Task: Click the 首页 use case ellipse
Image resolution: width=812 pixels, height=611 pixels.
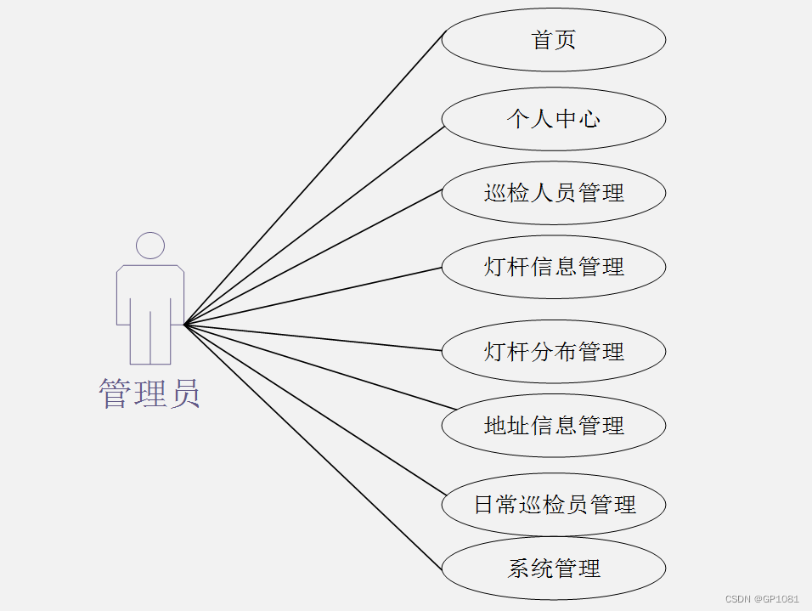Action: (553, 40)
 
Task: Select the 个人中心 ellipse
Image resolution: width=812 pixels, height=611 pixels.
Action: (553, 119)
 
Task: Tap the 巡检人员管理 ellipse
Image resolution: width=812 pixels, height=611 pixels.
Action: (553, 193)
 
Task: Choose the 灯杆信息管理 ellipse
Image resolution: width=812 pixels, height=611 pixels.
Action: (553, 267)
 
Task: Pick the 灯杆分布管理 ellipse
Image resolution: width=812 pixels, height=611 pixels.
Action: (553, 351)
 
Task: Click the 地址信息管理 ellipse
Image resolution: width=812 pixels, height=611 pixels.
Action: (553, 425)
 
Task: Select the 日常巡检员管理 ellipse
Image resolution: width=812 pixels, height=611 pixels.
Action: (553, 505)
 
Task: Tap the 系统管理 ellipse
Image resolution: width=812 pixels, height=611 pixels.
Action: (553, 569)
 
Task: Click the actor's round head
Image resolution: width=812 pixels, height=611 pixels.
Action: (150, 246)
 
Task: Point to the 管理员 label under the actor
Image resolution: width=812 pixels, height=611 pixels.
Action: (149, 393)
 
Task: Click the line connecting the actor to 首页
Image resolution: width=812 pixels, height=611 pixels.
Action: (314, 178)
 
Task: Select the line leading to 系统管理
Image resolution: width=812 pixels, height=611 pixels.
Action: (314, 448)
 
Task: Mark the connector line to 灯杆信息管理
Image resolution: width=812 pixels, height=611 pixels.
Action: (314, 296)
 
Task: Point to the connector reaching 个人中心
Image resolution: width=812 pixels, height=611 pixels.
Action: (314, 225)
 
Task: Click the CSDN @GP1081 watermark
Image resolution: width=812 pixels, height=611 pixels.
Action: (762, 599)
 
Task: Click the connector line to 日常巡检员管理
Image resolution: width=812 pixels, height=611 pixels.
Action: (314, 409)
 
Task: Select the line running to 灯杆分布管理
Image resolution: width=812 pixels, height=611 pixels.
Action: (314, 337)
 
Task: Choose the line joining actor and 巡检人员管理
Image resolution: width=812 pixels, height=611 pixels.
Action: (314, 255)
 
